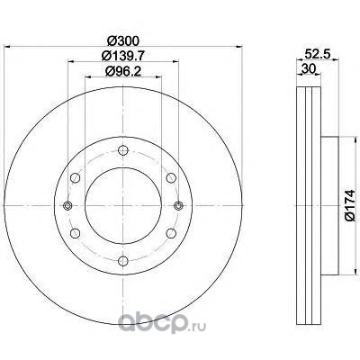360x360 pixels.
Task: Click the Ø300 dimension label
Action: [x=123, y=40]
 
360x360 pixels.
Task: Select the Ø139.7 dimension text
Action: [x=123, y=56]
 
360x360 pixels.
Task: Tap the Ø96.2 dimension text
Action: [x=123, y=71]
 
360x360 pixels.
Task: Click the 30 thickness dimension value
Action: [x=309, y=69]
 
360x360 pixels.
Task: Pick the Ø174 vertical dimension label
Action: [x=350, y=205]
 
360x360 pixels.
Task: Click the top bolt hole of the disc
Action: [x=123, y=150]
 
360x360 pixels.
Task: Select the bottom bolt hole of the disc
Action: [x=123, y=260]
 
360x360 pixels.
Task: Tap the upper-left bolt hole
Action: [x=76, y=177]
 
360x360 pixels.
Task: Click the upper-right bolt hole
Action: [x=171, y=177]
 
